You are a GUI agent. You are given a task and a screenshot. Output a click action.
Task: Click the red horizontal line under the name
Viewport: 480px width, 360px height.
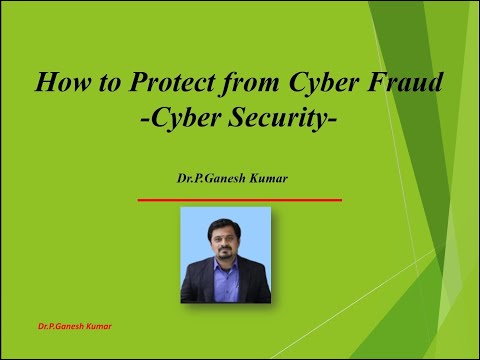click(x=239, y=200)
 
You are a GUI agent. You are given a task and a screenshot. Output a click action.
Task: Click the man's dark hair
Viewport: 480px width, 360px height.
click(x=225, y=220)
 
